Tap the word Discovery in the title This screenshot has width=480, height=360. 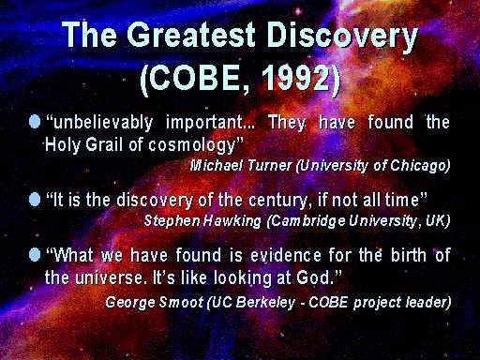point(342,37)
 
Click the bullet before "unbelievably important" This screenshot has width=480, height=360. point(35,121)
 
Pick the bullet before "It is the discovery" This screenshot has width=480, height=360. point(35,200)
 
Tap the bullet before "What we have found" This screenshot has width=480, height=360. point(35,255)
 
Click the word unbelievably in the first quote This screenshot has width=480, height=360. point(103,123)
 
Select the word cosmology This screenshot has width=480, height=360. point(191,146)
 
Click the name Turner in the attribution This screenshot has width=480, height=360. point(269,165)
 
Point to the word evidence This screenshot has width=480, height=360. point(286,255)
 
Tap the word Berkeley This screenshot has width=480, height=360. point(265,303)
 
